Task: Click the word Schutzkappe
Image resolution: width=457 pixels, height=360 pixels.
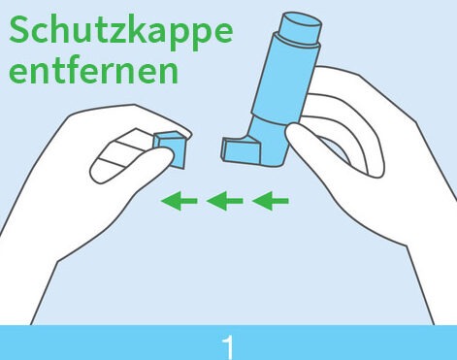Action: pyautogui.click(x=121, y=30)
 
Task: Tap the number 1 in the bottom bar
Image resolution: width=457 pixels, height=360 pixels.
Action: pyautogui.click(x=228, y=347)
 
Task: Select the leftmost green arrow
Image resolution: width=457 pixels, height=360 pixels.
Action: pyautogui.click(x=179, y=201)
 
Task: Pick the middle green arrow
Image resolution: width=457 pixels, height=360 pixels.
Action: pyautogui.click(x=224, y=201)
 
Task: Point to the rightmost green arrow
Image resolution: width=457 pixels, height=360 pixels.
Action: pyautogui.click(x=270, y=201)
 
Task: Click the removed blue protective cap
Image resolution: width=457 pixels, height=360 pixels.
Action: pyautogui.click(x=171, y=149)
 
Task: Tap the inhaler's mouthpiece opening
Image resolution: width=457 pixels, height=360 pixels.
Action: pyautogui.click(x=224, y=148)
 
